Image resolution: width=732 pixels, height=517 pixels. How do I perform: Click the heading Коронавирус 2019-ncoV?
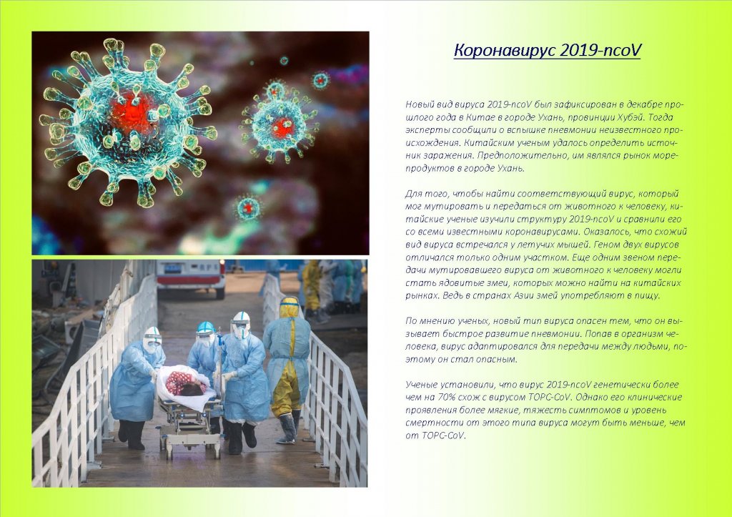tap(547, 51)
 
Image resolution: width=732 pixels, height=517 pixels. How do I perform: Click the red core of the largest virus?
tap(132, 113)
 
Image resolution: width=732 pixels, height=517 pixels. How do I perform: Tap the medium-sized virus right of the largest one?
tap(280, 122)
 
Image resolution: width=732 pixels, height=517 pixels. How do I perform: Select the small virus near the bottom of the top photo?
tap(248, 207)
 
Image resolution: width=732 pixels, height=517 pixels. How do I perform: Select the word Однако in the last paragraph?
tap(593, 398)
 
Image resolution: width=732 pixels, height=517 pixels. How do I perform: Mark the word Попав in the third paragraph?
tap(598, 334)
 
